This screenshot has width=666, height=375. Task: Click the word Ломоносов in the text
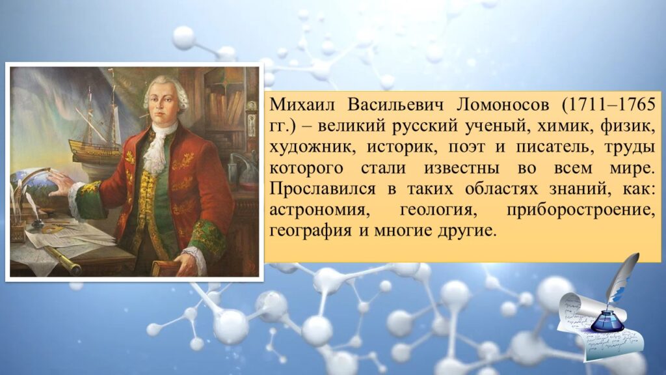[503, 105]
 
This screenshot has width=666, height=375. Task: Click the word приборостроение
[581, 210]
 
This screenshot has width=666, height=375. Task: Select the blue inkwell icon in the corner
[607, 321]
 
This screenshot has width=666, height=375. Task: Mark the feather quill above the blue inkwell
[622, 278]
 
